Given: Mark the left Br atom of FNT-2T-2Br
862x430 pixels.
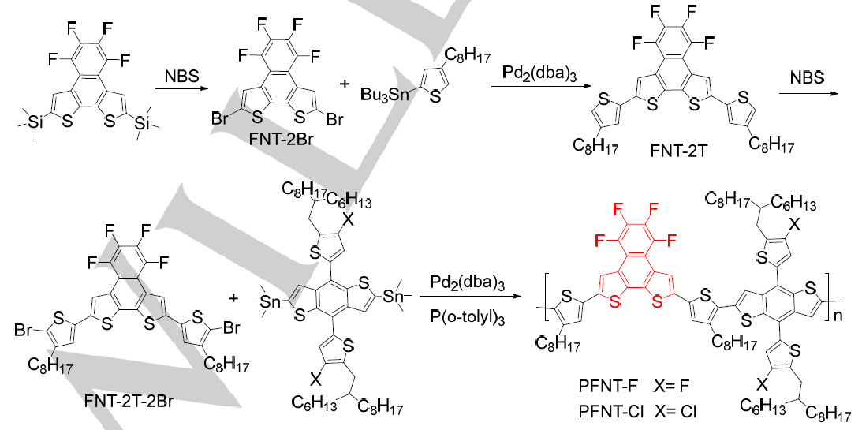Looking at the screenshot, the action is coord(26,331).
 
